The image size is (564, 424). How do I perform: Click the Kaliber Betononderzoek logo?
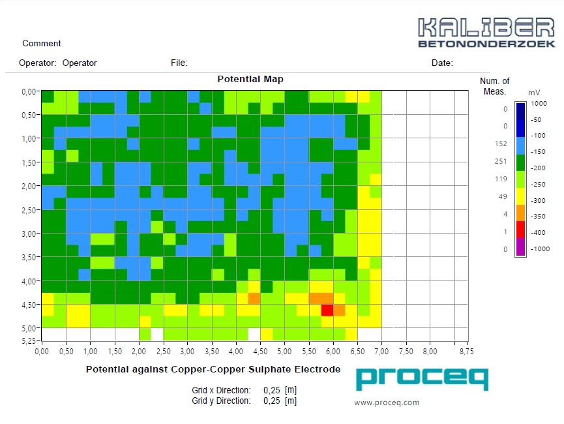click(486, 32)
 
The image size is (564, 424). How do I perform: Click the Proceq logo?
click(422, 379)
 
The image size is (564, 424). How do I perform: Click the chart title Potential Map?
click(250, 80)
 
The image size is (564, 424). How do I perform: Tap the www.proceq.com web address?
click(387, 402)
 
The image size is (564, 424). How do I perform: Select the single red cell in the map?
click(327, 310)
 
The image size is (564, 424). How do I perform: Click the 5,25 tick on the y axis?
click(26, 341)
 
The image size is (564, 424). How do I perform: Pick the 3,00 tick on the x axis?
click(187, 352)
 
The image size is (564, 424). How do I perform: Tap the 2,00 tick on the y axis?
click(26, 186)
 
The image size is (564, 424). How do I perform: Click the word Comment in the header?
click(42, 44)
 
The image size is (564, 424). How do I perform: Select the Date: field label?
click(442, 63)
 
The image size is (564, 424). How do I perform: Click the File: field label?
click(179, 63)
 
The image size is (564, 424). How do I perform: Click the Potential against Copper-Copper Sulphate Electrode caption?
click(213, 370)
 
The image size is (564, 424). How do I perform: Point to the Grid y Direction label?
click(221, 401)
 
